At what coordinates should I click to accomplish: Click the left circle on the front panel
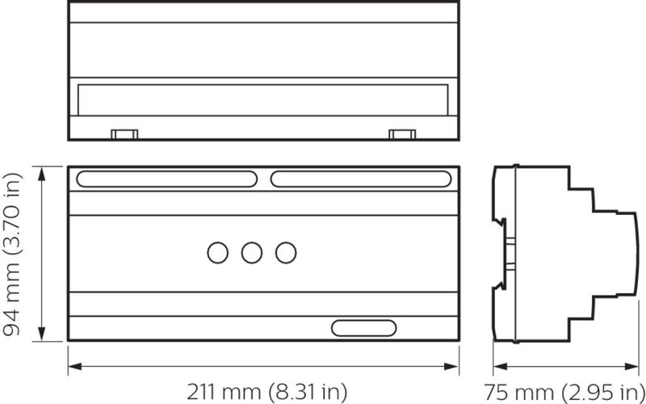[218, 253]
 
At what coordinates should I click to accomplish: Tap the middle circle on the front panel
[252, 253]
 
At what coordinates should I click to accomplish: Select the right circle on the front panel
[286, 253]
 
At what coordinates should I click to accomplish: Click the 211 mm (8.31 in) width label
[267, 392]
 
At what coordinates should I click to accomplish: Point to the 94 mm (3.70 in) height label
[11, 254]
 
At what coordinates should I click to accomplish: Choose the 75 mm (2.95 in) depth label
[564, 393]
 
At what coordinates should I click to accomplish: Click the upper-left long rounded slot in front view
[167, 179]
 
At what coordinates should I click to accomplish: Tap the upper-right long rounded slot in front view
[361, 179]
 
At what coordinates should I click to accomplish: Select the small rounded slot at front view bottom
[364, 328]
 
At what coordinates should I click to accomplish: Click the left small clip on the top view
[124, 134]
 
